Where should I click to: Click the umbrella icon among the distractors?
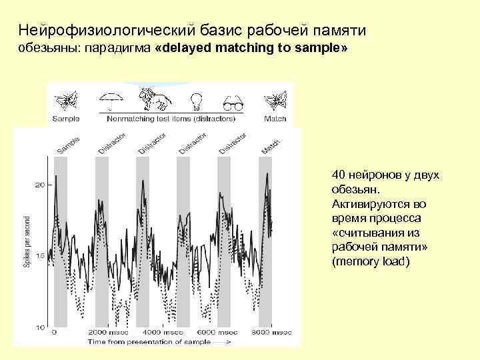point(113,101)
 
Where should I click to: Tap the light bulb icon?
point(197,101)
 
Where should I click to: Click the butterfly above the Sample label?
point(66,101)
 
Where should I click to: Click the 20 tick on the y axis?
point(39,185)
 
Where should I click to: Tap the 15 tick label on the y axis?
point(39,256)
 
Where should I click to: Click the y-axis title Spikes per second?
point(27,241)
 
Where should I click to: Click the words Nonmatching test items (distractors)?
point(171,119)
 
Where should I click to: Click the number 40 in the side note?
point(338,175)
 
